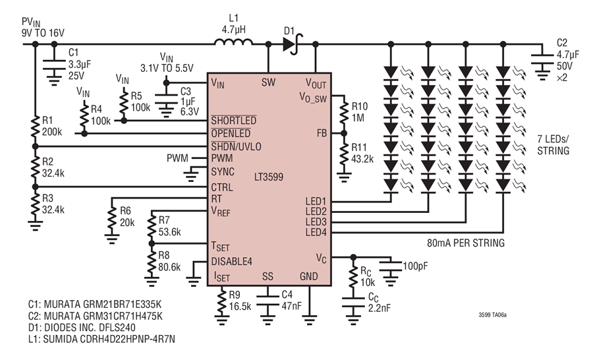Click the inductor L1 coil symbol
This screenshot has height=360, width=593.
tap(233, 42)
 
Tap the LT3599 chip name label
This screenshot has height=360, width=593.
tap(269, 177)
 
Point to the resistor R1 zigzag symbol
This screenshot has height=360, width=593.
tap(35, 127)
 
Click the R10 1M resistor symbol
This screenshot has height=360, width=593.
tap(344, 113)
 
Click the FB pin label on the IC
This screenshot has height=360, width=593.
tap(322, 133)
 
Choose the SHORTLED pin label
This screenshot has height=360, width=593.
tap(234, 121)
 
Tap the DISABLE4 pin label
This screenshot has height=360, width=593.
tap(231, 262)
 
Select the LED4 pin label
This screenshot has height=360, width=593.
tap(316, 232)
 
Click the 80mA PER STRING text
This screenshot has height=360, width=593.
tap(466, 243)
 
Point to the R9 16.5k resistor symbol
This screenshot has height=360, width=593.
tap(221, 301)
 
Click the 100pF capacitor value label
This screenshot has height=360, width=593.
tap(415, 266)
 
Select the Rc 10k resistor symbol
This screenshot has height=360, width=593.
tap(353, 277)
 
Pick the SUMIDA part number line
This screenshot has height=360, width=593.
tap(101, 339)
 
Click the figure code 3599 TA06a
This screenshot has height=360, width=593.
tap(492, 315)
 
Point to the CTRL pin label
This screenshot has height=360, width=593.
tap(222, 187)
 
